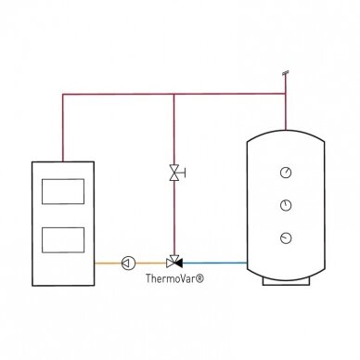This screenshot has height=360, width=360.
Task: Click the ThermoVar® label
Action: click(x=174, y=278)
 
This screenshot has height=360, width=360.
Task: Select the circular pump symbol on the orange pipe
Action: click(x=128, y=264)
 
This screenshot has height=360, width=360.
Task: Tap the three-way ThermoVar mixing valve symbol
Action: click(x=174, y=262)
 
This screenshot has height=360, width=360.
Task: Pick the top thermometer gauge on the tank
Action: click(x=286, y=173)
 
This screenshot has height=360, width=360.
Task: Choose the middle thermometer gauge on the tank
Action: click(x=286, y=205)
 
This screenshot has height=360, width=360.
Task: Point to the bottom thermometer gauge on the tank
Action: click(x=286, y=238)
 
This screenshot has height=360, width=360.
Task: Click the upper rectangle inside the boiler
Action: click(x=63, y=191)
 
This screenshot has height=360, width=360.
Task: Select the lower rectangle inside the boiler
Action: click(x=63, y=240)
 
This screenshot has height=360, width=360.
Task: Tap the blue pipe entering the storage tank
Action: click(x=214, y=264)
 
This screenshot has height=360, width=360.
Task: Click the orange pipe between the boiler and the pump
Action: click(x=108, y=264)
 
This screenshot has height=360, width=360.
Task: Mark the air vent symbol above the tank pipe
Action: click(x=286, y=73)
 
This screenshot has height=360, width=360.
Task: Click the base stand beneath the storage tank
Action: click(x=286, y=281)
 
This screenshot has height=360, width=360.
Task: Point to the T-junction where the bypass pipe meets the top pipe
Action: click(x=174, y=94)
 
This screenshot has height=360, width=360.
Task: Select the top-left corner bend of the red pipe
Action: click(x=63, y=95)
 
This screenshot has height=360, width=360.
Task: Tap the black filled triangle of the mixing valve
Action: click(x=178, y=264)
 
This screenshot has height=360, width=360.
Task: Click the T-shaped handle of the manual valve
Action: click(x=183, y=173)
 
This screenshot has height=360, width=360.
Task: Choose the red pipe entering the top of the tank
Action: click(x=286, y=111)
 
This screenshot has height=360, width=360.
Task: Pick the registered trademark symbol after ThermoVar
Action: click(x=200, y=278)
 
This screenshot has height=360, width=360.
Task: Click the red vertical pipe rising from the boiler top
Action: click(x=63, y=128)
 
